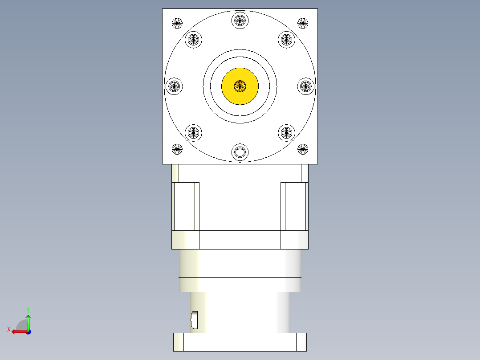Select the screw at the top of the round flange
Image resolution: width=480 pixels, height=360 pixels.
click(x=240, y=20)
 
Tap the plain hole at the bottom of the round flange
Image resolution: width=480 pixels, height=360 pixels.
click(x=240, y=152)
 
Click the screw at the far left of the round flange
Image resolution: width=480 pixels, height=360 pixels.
click(x=174, y=86)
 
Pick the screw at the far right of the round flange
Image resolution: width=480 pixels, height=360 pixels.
click(x=306, y=86)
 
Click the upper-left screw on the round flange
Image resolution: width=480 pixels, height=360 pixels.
click(x=193, y=40)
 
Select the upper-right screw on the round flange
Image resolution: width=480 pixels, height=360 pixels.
click(x=287, y=40)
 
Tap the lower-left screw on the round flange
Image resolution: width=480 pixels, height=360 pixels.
click(x=193, y=132)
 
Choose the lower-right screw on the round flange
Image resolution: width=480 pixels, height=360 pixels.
click(x=287, y=132)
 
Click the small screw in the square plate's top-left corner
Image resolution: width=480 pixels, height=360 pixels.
click(x=177, y=23)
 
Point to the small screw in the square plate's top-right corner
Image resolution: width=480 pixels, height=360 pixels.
click(x=303, y=23)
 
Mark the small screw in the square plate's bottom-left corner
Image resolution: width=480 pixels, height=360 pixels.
click(x=177, y=149)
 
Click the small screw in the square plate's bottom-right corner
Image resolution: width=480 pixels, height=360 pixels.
click(x=303, y=149)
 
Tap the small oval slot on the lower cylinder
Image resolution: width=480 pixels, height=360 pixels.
click(x=194, y=319)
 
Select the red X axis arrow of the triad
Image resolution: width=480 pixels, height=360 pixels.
click(x=18, y=331)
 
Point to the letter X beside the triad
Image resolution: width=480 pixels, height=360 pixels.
click(x=8, y=329)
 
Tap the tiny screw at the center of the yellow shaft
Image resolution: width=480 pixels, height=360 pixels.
click(x=240, y=86)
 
